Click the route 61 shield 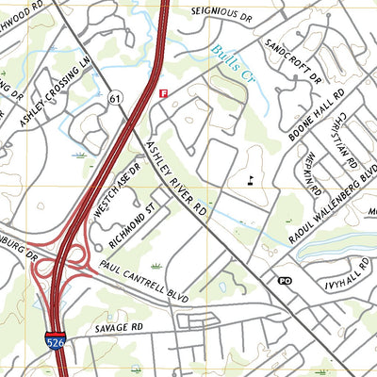(116, 98)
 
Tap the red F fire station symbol (164, 93)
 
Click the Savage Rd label (117, 327)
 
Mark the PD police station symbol (285, 280)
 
